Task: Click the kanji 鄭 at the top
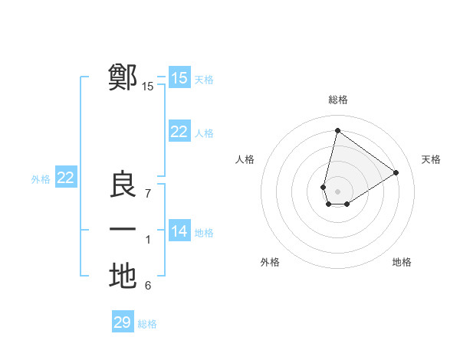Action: (123, 77)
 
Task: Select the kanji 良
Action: (123, 185)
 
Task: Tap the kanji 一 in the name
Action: (123, 230)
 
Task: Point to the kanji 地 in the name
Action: (123, 276)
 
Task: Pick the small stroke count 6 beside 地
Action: (148, 286)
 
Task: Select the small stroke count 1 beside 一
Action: (148, 241)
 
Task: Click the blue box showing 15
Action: (179, 77)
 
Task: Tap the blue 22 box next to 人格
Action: (179, 132)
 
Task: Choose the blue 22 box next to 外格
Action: (65, 178)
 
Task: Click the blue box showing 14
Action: (179, 231)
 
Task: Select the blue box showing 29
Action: (122, 322)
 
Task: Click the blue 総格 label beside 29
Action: (147, 324)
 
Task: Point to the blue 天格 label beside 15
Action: (203, 79)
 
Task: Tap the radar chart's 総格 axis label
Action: (337, 100)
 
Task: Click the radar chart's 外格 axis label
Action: (270, 262)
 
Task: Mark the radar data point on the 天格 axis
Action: (396, 172)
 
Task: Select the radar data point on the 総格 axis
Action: (337, 130)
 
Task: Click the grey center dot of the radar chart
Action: (337, 191)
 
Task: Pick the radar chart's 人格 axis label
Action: (245, 159)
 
